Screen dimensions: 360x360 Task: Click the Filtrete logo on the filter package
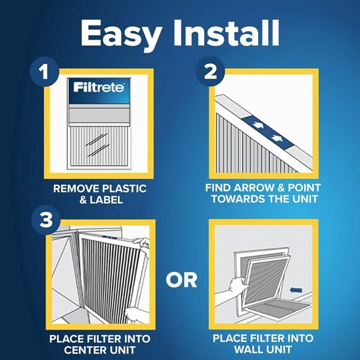99,87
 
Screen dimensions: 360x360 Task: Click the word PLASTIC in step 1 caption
124,187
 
